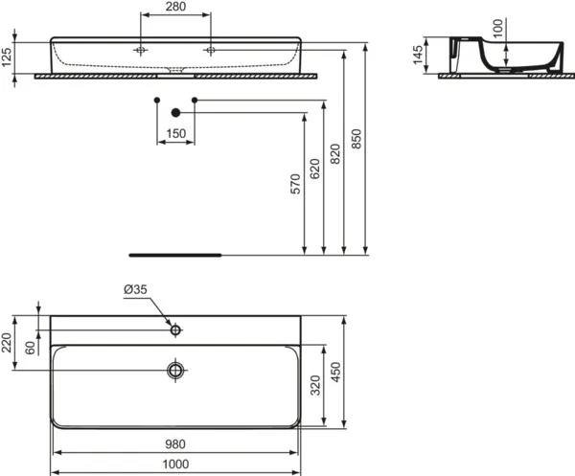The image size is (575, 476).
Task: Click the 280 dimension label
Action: (x=175, y=9)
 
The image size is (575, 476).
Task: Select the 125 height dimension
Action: (x=9, y=57)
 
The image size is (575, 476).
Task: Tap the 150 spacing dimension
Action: (x=175, y=134)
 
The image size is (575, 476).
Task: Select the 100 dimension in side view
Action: (x=496, y=29)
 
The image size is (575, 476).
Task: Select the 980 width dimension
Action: (x=175, y=443)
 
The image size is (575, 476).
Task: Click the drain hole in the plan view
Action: (x=175, y=369)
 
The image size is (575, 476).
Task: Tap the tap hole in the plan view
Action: (x=175, y=330)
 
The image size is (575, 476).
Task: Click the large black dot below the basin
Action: (x=175, y=112)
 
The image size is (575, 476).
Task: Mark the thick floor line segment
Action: (x=175, y=256)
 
